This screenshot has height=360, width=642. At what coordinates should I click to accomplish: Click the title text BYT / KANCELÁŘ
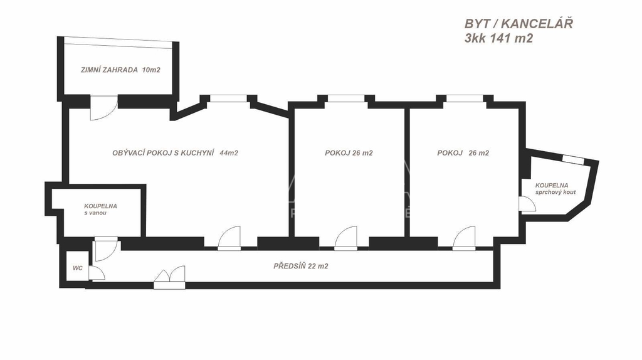[x=518, y=24]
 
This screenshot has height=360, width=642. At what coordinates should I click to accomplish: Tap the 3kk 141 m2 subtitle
[x=498, y=38]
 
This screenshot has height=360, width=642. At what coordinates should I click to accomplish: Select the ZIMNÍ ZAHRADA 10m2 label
[x=120, y=70]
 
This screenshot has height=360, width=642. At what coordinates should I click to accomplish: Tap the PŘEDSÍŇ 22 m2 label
[x=301, y=266]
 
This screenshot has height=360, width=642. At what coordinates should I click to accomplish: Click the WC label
[x=78, y=268]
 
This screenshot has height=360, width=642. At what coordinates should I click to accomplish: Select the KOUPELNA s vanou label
[x=100, y=209]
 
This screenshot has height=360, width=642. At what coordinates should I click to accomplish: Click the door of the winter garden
[x=103, y=108]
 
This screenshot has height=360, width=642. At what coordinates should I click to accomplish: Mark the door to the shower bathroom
[x=527, y=204]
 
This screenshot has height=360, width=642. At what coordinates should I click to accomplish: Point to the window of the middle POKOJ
[x=345, y=98]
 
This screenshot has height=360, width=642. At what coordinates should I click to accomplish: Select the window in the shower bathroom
[x=573, y=159]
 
